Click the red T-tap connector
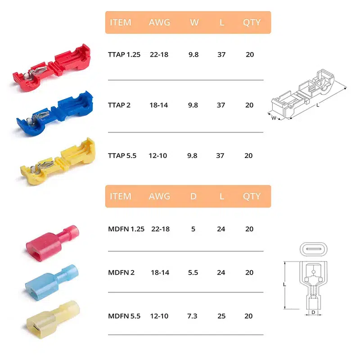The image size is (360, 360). pyautogui.click(x=52, y=68)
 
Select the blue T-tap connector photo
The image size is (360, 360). pyautogui.click(x=55, y=113)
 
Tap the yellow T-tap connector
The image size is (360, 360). pyautogui.click(x=58, y=161)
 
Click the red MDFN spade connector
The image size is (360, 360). pyautogui.click(x=53, y=243)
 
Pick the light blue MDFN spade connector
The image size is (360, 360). pyautogui.click(x=52, y=283)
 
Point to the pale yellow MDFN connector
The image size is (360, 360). pyautogui.click(x=53, y=319)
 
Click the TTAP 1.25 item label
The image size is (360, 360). pyautogui.click(x=124, y=54)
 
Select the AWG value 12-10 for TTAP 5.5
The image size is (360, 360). pyautogui.click(x=158, y=156)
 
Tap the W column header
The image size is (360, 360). pyautogui.click(x=194, y=22)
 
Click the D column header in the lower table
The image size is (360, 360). pyautogui.click(x=193, y=196)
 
